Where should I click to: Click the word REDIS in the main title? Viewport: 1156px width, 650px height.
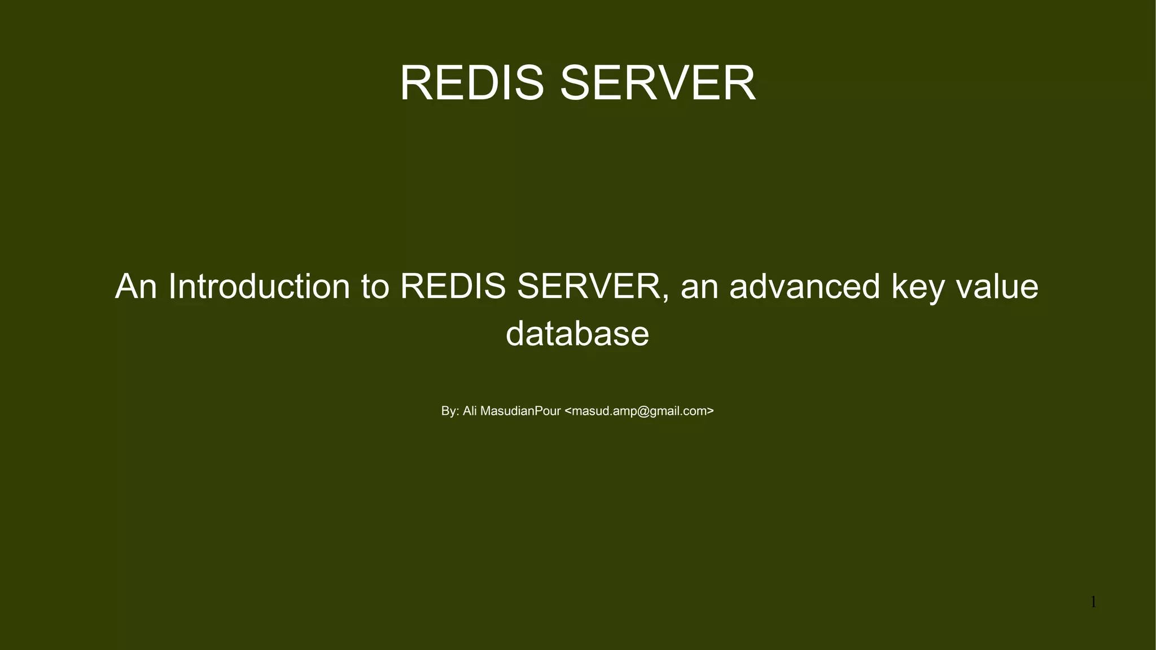[471, 83]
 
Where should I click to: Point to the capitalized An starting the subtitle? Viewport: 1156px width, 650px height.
[135, 286]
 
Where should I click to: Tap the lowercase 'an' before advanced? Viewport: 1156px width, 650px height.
[699, 287]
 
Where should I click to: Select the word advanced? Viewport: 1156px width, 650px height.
[804, 286]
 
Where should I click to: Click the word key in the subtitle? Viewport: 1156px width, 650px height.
[918, 287]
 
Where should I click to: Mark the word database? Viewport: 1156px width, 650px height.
[577, 333]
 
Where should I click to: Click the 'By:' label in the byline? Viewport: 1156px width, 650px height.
[450, 411]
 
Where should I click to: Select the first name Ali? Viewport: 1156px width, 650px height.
[470, 411]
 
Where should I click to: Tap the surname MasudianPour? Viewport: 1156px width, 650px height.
[520, 411]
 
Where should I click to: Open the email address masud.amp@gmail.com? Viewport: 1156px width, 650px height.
[640, 411]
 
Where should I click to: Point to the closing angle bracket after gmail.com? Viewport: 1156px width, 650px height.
[711, 411]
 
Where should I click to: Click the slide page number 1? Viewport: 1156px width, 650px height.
[1093, 603]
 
